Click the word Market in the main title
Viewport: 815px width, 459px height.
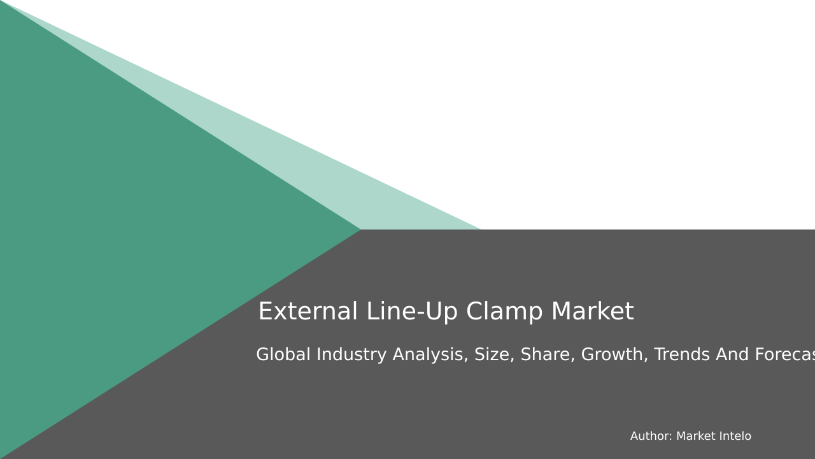(592, 312)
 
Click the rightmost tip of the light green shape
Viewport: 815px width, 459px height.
(478, 228)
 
